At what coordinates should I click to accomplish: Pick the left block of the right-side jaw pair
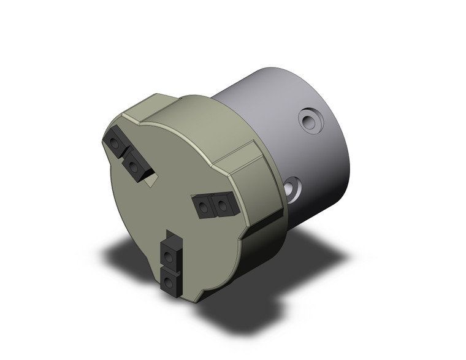pos(204,205)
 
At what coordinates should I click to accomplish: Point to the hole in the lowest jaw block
pos(169,281)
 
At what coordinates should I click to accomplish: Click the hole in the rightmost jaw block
pos(223,206)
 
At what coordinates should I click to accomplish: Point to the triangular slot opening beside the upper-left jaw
pos(151,177)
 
